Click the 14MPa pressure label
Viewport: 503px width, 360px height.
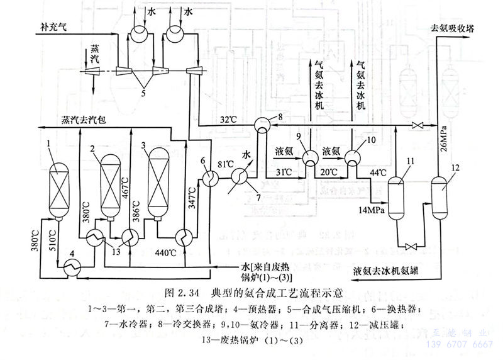tap(372, 208)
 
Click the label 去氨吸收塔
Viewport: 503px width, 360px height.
tap(455, 28)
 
